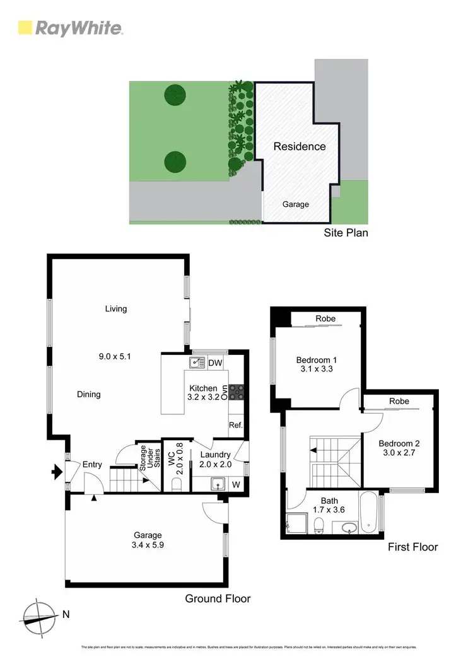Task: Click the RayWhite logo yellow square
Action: click(x=25, y=28)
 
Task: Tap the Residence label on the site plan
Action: click(x=300, y=146)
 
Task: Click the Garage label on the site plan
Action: click(x=295, y=204)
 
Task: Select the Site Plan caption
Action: click(x=345, y=233)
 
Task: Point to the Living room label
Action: click(x=116, y=309)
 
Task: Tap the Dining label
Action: click(x=89, y=395)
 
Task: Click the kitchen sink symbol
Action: click(x=196, y=362)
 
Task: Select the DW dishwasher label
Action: click(x=215, y=363)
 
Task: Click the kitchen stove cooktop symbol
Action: click(x=237, y=392)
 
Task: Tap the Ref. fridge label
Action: click(x=237, y=425)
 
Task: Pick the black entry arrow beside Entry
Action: click(x=57, y=470)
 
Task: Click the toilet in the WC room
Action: click(x=177, y=484)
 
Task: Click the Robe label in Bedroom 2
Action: click(x=399, y=401)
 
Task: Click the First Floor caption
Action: click(x=412, y=547)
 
